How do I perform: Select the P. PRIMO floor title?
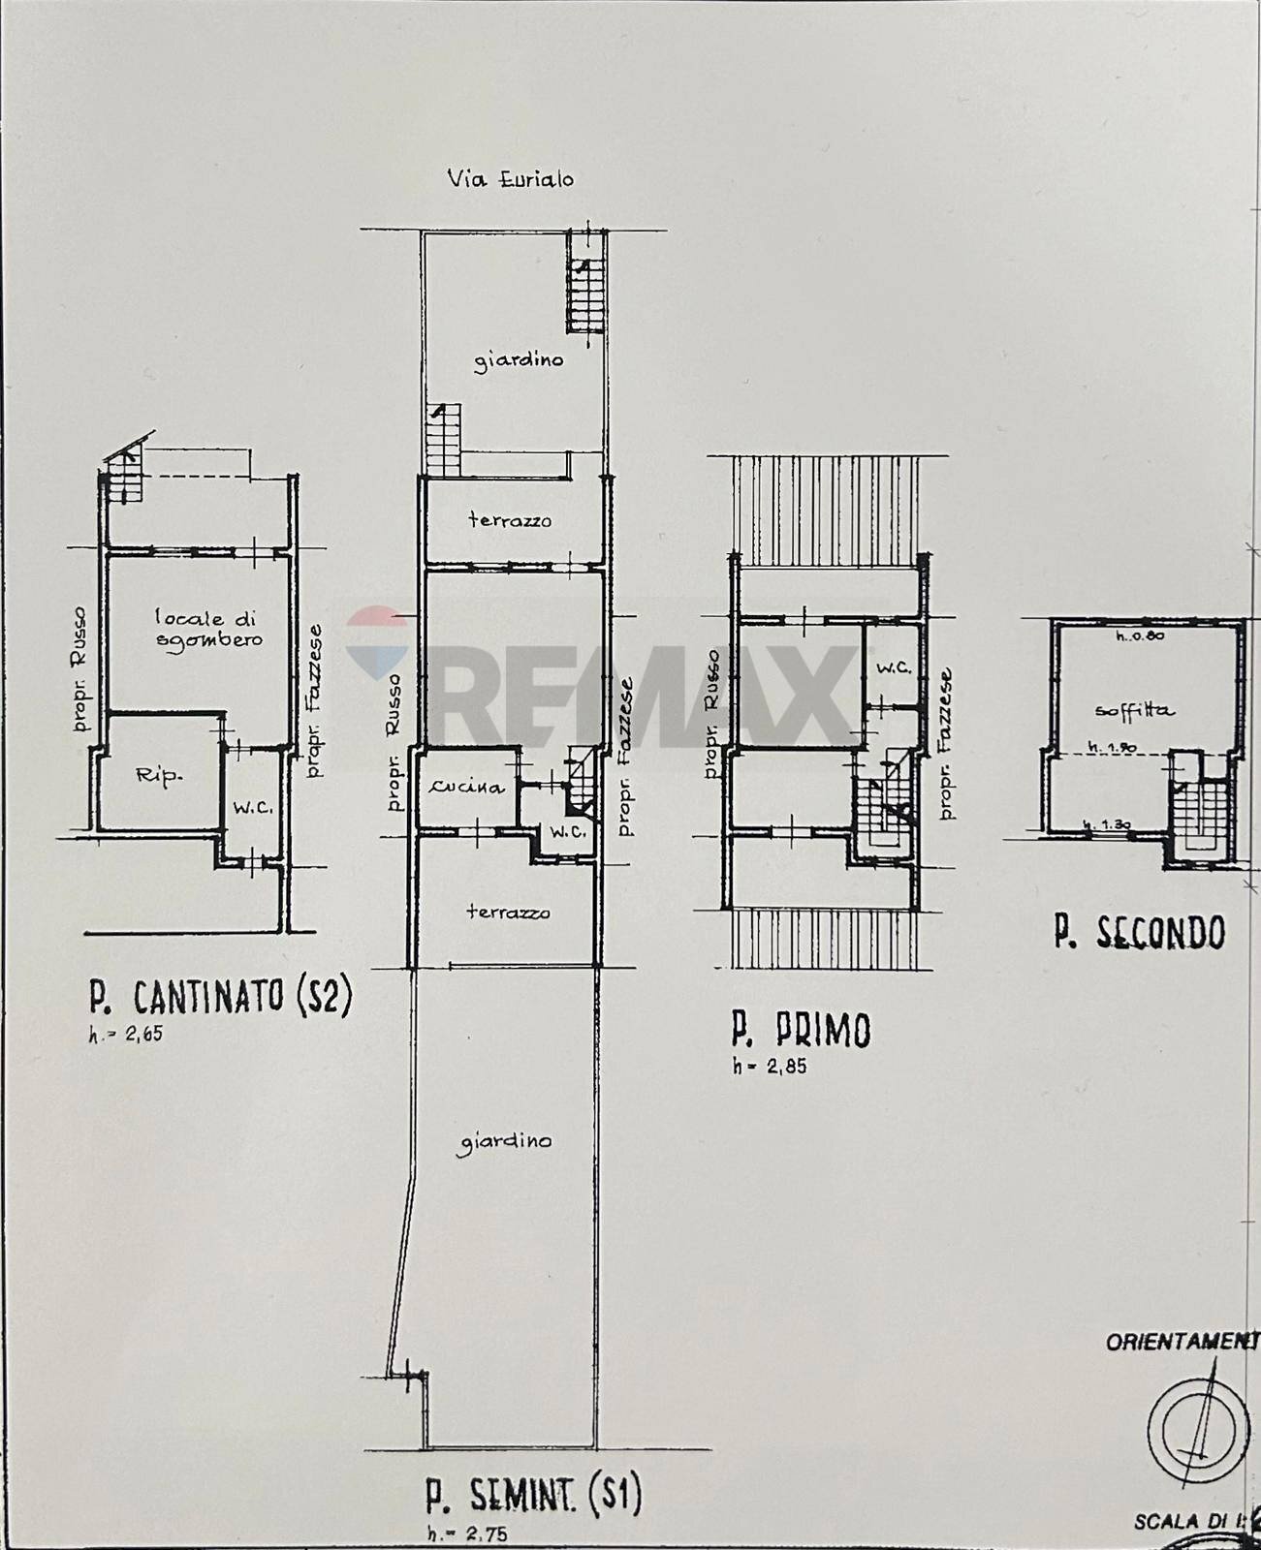pyautogui.click(x=801, y=1031)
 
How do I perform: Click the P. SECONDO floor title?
pyautogui.click(x=1140, y=932)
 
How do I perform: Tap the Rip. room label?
pyautogui.click(x=159, y=776)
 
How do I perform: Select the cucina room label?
pyautogui.click(x=468, y=787)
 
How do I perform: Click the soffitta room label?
pyautogui.click(x=1133, y=710)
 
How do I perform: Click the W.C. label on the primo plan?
pyautogui.click(x=893, y=667)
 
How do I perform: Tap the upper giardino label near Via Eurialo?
pyautogui.click(x=519, y=360)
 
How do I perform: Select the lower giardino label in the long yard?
pyautogui.click(x=504, y=1141)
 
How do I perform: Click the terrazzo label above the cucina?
pyautogui.click(x=510, y=520)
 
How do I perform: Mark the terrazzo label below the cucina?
pyautogui.click(x=508, y=912)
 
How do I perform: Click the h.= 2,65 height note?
pyautogui.click(x=126, y=1034)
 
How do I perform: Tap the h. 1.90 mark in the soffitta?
pyautogui.click(x=1111, y=747)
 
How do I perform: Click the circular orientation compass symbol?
pyautogui.click(x=1198, y=1427)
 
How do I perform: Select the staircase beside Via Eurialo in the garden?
pyautogui.click(x=584, y=286)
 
